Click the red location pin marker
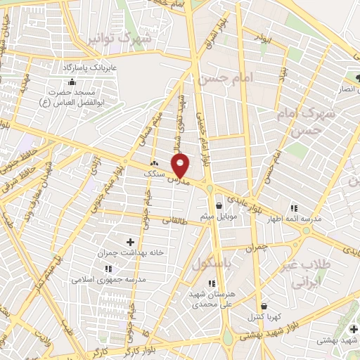(x=181, y=167)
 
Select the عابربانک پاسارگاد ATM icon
(x=72, y=82)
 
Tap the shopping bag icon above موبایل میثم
(x=221, y=206)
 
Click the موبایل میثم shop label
(x=221, y=216)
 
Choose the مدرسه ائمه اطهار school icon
(x=293, y=209)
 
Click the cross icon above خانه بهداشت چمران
(x=130, y=242)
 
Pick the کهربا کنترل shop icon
(x=264, y=307)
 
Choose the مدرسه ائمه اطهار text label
(x=293, y=219)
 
